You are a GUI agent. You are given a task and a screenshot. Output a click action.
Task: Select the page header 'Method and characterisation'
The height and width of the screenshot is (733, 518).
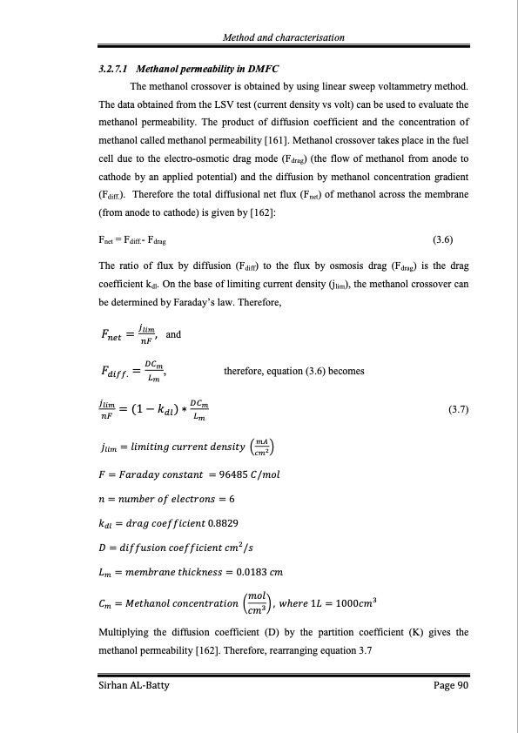click(x=284, y=37)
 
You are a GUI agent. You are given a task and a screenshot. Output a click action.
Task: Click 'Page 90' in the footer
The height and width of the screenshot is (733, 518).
click(x=451, y=687)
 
